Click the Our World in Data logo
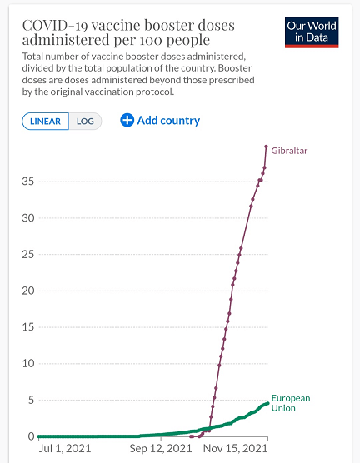point(312,32)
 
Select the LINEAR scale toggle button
point(45,121)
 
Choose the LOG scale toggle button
point(85,121)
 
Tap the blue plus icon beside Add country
point(127,121)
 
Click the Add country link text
point(168,121)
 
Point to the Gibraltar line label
point(289,151)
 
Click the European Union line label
point(291,403)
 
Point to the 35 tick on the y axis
point(28,182)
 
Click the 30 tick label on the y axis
point(28,218)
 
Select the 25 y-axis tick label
point(28,254)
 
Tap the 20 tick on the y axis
point(28,291)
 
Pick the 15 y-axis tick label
point(28,327)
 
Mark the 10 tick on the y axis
point(28,364)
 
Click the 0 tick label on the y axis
point(32,436)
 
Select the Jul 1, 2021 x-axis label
point(65,449)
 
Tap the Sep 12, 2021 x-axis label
point(161,449)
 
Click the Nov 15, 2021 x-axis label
point(235,449)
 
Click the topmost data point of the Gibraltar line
point(266,147)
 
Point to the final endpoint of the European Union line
point(267,403)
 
